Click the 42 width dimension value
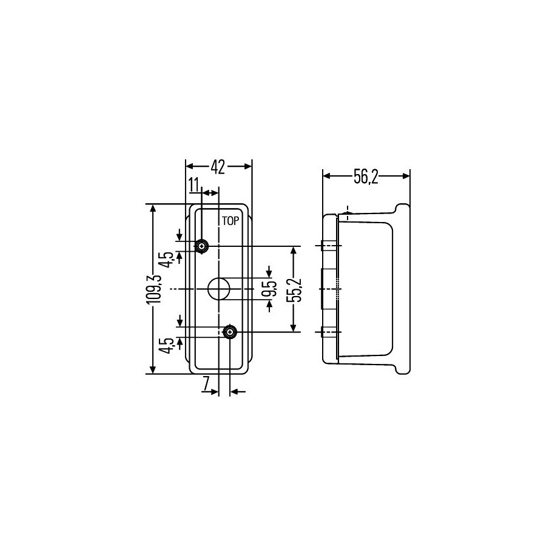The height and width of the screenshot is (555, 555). pos(218,167)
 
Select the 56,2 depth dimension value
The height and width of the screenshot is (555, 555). pos(366,177)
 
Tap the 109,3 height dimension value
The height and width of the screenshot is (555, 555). pos(154,289)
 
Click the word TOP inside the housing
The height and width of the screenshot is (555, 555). pos(230,221)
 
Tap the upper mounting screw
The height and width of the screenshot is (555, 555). pos(202,246)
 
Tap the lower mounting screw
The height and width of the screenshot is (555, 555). pos(230,332)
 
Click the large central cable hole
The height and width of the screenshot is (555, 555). pos(219,289)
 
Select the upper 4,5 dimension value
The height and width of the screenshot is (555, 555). pos(168,260)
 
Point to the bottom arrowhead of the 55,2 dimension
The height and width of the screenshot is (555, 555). pos(293,328)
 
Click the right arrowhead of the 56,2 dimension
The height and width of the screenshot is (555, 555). pos(406,176)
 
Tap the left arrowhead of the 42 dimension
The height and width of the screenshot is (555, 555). pos(190,166)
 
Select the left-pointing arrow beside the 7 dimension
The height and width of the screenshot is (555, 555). pos(238,391)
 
